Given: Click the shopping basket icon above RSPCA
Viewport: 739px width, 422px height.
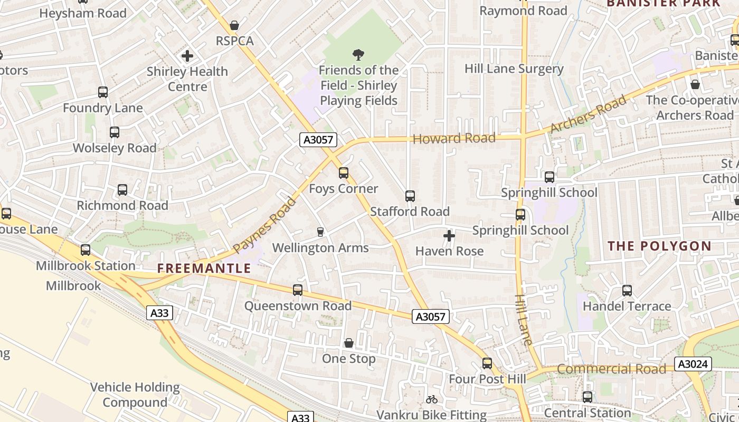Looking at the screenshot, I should (x=234, y=25).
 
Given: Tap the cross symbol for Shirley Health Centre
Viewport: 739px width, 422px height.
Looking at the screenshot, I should (x=187, y=55).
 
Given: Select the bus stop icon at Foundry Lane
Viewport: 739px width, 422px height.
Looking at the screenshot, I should (x=103, y=92).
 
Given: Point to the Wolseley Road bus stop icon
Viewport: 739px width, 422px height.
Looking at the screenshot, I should (x=115, y=132).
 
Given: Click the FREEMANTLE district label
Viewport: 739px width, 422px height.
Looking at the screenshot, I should (x=204, y=268).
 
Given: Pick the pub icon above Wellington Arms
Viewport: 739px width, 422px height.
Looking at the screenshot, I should (x=320, y=232).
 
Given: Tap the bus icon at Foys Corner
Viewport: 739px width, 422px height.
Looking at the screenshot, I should (x=344, y=173).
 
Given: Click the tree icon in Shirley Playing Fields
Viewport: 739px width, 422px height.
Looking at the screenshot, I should (x=358, y=54).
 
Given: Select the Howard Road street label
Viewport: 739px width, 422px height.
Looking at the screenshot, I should (x=454, y=139).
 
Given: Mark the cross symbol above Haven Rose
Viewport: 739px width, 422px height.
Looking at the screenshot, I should (x=449, y=236).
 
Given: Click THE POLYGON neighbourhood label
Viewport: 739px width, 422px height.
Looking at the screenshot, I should (x=659, y=246).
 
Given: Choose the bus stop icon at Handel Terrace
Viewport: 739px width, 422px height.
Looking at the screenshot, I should (x=627, y=291).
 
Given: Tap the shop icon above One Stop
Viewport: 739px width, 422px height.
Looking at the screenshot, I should (x=349, y=343).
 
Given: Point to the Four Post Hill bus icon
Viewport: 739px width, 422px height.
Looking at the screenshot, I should (x=487, y=363).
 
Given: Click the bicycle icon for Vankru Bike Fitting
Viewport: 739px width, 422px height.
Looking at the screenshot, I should (x=432, y=399).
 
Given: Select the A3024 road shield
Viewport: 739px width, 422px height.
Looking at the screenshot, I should (x=693, y=364).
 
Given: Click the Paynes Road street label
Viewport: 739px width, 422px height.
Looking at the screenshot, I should (x=265, y=225).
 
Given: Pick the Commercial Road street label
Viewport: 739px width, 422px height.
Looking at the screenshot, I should (x=612, y=369).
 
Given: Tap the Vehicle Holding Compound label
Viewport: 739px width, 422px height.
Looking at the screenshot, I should (x=135, y=395).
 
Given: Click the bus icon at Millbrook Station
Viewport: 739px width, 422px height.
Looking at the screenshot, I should (x=86, y=250).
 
